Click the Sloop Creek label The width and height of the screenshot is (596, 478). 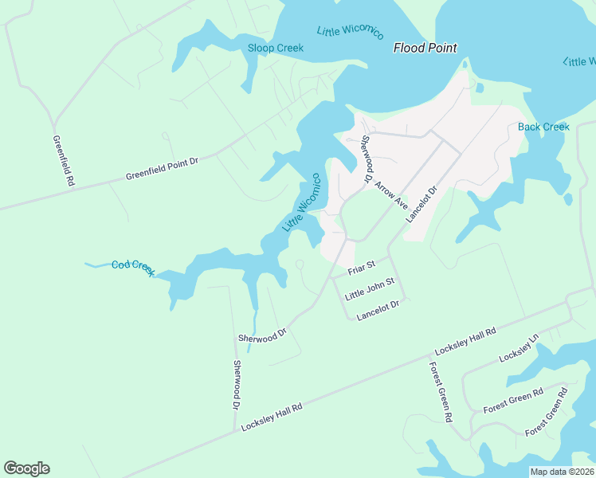275,48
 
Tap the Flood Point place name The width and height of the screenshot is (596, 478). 425,48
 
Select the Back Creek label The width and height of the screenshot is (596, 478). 543,127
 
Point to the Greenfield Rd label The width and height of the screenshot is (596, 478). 63,160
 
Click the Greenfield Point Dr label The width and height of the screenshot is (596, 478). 161,169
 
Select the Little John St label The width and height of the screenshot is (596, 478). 370,289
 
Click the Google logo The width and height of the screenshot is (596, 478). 26,468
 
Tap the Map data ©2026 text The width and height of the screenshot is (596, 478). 561,472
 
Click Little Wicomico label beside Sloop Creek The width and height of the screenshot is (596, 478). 350,32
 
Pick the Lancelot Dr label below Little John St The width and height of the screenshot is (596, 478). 378,310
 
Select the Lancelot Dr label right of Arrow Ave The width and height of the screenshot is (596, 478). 422,204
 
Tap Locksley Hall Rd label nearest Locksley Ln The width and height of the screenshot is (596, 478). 465,341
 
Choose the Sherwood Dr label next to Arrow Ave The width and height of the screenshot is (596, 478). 367,158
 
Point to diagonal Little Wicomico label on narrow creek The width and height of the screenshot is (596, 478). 302,202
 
